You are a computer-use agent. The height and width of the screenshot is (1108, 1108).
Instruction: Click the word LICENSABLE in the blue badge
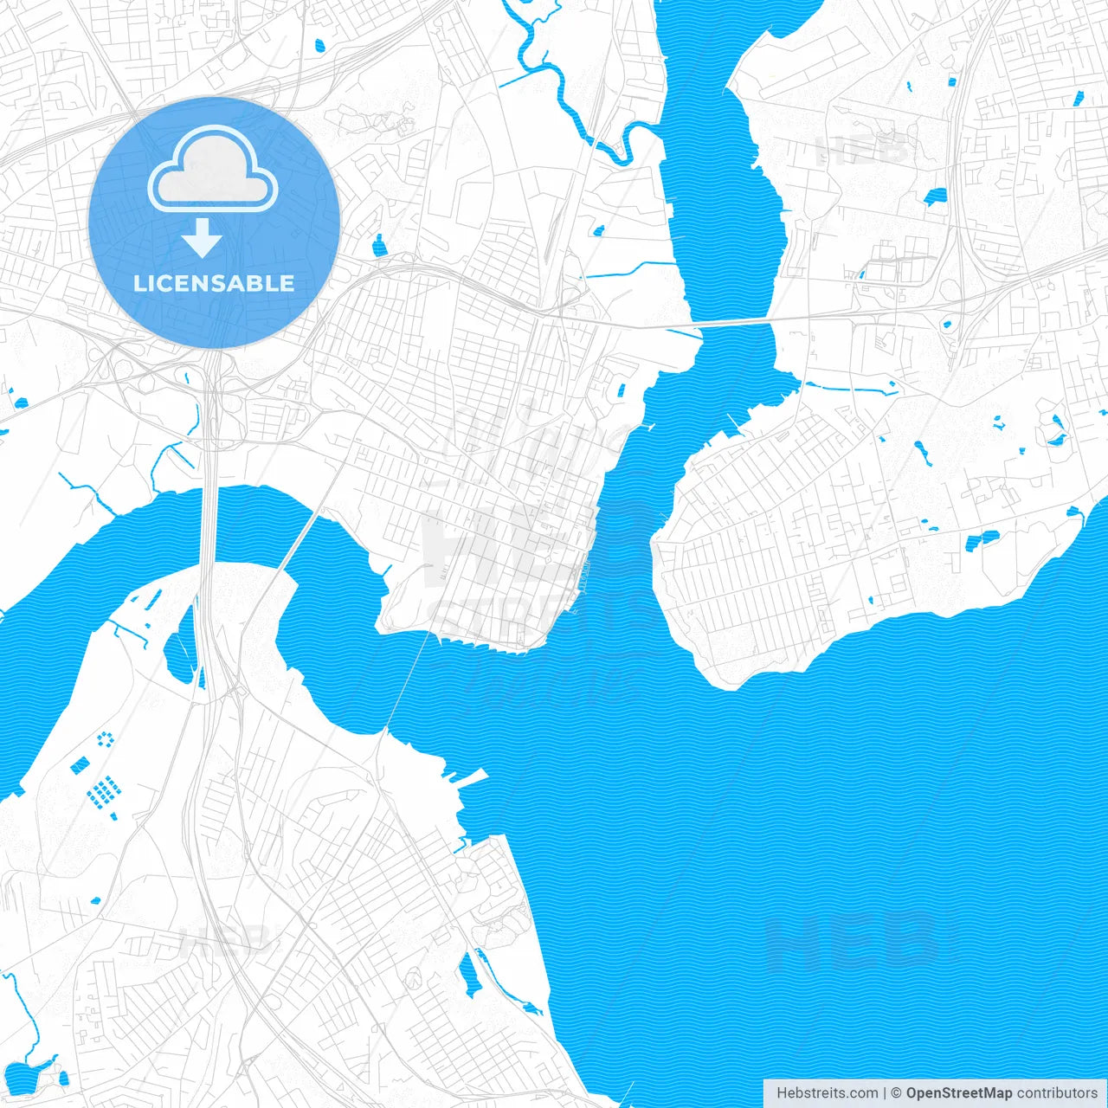[214, 283]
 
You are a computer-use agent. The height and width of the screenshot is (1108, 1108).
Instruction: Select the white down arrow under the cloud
[203, 238]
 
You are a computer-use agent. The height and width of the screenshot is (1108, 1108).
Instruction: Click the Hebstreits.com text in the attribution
[828, 1093]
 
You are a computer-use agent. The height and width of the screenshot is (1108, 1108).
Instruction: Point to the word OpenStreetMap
[958, 1093]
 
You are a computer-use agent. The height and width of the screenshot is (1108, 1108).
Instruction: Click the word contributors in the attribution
[1057, 1093]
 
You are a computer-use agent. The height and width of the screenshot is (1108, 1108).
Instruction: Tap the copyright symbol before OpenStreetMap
[897, 1093]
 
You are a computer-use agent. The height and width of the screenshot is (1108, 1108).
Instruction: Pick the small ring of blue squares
[106, 738]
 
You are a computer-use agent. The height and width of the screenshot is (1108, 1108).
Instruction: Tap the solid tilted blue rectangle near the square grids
[80, 765]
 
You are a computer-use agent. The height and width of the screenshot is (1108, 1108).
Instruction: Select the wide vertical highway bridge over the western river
[209, 528]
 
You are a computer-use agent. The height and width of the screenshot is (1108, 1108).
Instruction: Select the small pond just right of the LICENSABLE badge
[378, 247]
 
